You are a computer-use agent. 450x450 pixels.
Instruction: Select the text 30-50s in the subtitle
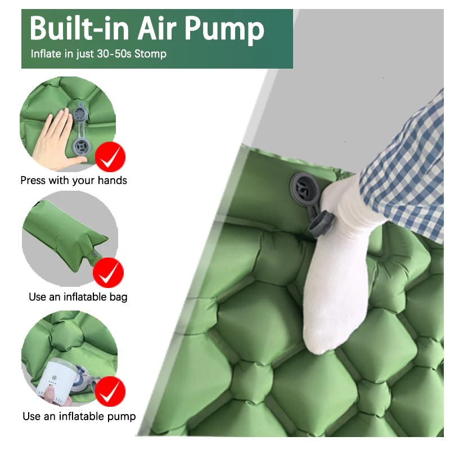tap(115, 55)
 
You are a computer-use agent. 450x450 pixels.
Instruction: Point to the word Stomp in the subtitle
tap(150, 55)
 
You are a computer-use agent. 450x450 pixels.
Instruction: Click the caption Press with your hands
tap(74, 181)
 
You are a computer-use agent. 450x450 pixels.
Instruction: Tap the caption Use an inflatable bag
tap(78, 296)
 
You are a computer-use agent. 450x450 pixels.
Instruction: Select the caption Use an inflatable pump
tap(79, 416)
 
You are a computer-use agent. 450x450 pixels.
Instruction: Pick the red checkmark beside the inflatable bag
tap(109, 274)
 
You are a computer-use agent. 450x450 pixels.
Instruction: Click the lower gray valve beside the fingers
tap(81, 147)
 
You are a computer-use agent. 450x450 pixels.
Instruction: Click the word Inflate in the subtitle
tap(46, 55)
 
